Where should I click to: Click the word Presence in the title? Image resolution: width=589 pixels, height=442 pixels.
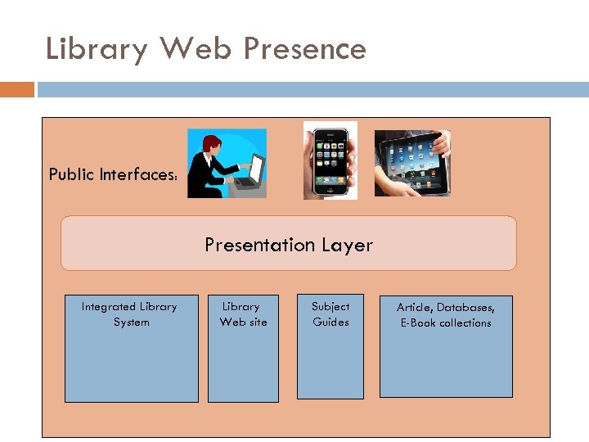[304, 49]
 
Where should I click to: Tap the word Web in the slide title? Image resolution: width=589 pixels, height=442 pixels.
[196, 49]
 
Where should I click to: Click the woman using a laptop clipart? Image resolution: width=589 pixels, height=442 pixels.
[227, 164]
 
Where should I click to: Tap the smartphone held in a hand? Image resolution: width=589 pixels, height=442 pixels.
[330, 160]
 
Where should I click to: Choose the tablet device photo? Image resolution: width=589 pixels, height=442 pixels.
[412, 163]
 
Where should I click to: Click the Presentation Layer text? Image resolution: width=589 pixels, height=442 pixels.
[289, 245]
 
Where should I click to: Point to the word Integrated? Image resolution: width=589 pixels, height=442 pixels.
[110, 307]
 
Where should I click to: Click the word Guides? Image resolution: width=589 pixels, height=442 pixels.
[330, 322]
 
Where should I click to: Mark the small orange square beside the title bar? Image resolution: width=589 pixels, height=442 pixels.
[16, 89]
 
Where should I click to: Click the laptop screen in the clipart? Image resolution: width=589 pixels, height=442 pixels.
[257, 169]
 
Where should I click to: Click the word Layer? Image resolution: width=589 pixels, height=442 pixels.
[347, 245]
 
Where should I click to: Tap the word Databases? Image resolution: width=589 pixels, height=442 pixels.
[465, 308]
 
